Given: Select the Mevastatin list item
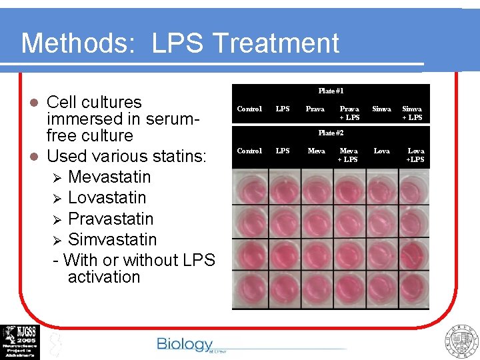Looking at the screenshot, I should coord(109,177).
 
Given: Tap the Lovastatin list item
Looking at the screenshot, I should coord(107,198).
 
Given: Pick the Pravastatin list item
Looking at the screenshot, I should coord(111,219).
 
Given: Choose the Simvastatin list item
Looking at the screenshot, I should coord(112,240).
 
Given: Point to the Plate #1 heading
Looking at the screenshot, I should coord(331,91).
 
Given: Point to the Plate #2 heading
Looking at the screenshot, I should coord(331,133).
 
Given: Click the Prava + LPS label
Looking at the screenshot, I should coord(349,113).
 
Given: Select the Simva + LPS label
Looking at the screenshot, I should coord(412,113).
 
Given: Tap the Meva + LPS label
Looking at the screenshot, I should coord(348,155).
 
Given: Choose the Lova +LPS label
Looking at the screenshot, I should coord(415,155).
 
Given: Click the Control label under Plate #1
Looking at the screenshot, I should coord(249,109).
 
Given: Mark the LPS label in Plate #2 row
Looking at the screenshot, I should coord(283,151).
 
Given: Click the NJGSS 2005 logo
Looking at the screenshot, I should coord(20,341).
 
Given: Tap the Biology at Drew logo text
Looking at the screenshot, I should coord(185,344).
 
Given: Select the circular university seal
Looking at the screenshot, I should coord(461,341).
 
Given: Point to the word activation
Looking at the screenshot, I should coord(104,277).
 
